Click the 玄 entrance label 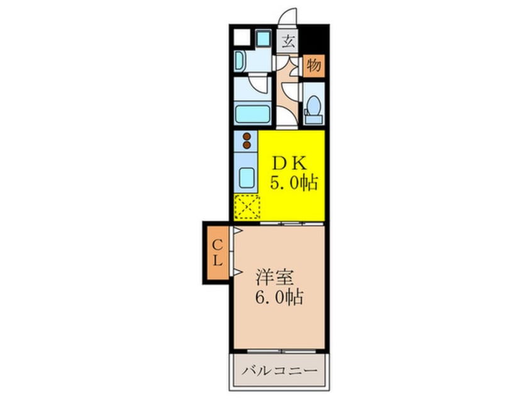[288, 43]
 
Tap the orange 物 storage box [314, 65]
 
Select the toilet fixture [313, 108]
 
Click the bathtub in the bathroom [252, 115]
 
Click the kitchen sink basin [247, 179]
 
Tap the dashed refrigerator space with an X [247, 206]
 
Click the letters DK [289, 164]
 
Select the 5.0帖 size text [293, 183]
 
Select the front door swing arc [289, 16]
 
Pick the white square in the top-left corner [240, 36]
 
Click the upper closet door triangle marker [238, 232]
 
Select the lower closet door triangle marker [238, 272]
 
